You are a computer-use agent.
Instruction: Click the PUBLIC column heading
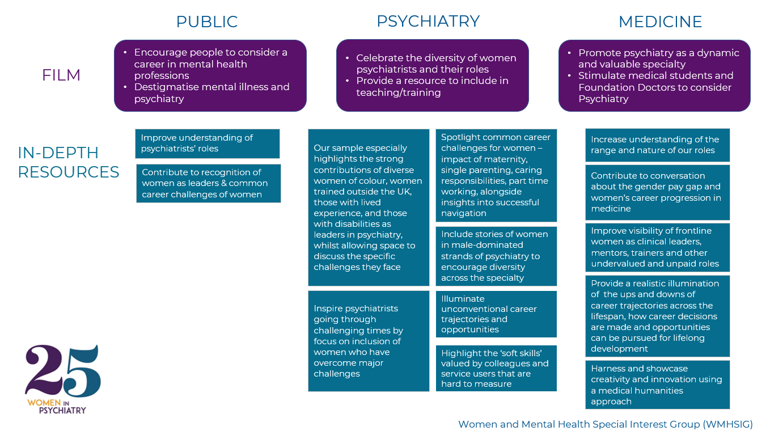(x=207, y=22)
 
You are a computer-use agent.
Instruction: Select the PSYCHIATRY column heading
(x=428, y=21)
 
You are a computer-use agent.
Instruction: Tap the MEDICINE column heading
(x=660, y=22)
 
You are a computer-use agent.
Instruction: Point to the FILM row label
(x=61, y=75)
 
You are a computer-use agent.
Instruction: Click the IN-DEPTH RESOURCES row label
(x=69, y=162)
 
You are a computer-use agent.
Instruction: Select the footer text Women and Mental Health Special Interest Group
(x=605, y=424)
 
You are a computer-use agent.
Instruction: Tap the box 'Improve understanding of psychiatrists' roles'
(x=208, y=143)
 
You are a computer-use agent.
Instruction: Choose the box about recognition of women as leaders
(x=208, y=183)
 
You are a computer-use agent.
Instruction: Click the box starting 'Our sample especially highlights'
(x=369, y=207)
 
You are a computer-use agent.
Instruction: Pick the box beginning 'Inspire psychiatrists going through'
(x=369, y=341)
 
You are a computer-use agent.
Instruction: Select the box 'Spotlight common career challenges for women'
(x=496, y=175)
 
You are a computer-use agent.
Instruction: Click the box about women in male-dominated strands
(x=496, y=256)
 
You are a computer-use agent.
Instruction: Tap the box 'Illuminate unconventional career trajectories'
(x=496, y=314)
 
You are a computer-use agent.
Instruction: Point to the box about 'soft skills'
(x=496, y=368)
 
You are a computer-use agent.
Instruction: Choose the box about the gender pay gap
(x=657, y=192)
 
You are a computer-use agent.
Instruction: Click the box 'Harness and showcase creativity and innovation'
(x=657, y=384)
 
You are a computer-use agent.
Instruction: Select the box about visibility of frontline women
(x=657, y=247)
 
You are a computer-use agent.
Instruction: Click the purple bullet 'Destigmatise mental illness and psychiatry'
(x=211, y=92)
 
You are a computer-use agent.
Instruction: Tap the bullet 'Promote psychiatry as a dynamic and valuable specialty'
(x=658, y=58)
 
